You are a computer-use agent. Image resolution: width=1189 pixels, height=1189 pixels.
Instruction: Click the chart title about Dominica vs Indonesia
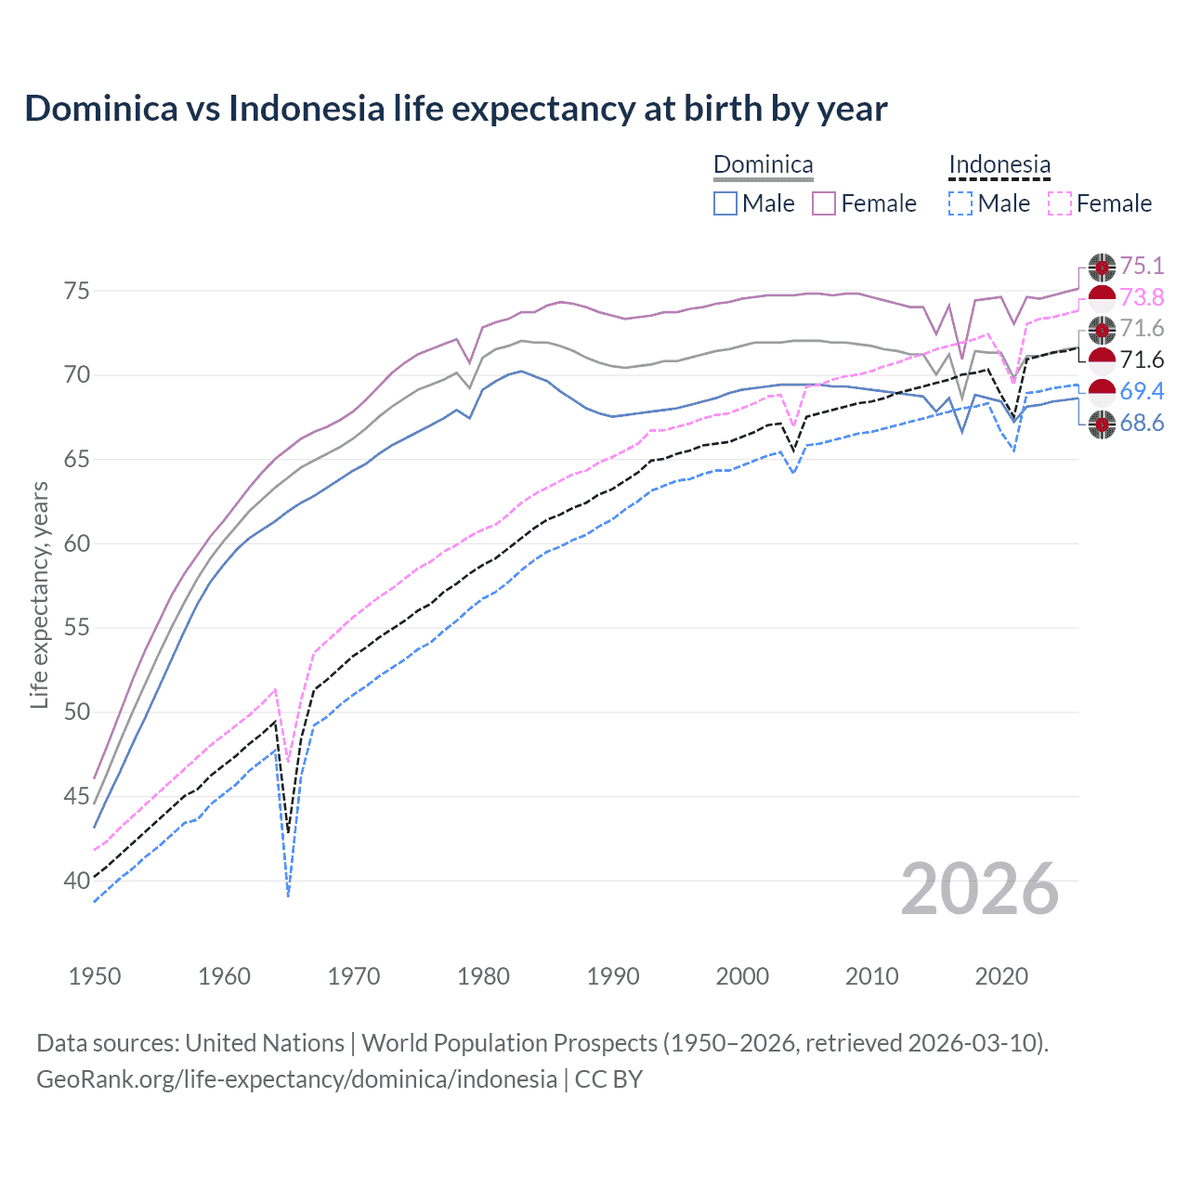(x=455, y=109)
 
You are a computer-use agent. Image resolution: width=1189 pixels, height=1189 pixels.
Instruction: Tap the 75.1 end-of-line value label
(x=1142, y=266)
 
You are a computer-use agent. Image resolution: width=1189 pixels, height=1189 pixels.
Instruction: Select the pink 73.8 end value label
(x=1142, y=297)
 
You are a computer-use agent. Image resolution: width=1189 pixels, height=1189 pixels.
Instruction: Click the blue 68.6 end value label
(x=1142, y=424)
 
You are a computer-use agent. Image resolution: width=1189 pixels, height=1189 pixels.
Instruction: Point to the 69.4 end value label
(x=1142, y=391)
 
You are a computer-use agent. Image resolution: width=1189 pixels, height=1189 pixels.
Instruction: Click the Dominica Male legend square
(x=725, y=203)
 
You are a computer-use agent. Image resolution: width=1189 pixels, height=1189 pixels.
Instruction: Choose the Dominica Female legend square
(x=824, y=203)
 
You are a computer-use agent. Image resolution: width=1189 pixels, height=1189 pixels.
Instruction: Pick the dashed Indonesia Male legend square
(x=960, y=203)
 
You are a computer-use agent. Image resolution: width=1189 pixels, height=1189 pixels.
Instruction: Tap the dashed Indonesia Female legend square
(x=1060, y=203)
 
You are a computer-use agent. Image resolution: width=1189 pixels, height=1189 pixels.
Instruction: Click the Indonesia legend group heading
(x=1000, y=164)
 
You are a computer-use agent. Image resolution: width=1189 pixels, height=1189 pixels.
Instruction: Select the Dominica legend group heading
(x=763, y=164)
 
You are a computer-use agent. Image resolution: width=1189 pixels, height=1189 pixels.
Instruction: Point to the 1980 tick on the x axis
(x=484, y=976)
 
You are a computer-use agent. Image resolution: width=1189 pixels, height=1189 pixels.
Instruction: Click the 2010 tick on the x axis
(x=872, y=976)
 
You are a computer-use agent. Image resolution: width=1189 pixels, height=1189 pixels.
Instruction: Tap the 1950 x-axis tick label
(x=95, y=976)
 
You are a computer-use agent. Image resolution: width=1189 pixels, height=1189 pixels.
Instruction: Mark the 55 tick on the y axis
(x=77, y=628)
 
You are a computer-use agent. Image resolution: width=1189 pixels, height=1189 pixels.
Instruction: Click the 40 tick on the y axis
(x=77, y=881)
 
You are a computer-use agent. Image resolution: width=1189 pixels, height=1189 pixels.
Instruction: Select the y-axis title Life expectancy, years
(x=39, y=594)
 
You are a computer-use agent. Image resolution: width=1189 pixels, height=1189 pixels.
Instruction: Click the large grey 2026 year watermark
(x=980, y=889)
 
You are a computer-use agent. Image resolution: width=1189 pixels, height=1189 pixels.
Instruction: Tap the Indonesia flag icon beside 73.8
(x=1102, y=299)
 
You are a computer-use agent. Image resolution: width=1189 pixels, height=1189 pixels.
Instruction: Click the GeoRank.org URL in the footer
(x=296, y=1079)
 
